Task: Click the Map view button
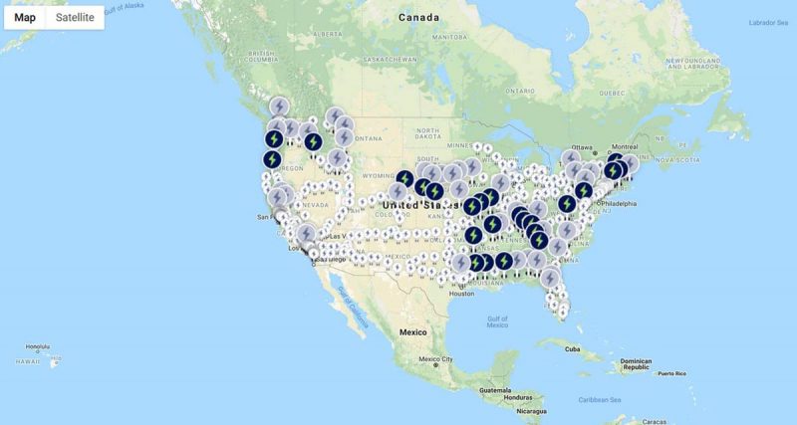coord(25,17)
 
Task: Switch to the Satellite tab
coord(75,17)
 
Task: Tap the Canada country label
coord(418,18)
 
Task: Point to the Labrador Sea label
coord(768,22)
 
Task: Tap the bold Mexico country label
coord(412,330)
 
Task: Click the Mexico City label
coord(435,358)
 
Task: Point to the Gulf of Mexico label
coord(497,320)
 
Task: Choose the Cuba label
coord(572,348)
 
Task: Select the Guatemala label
coord(494,390)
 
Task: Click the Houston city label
coord(460,293)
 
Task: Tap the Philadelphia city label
coord(618,204)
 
